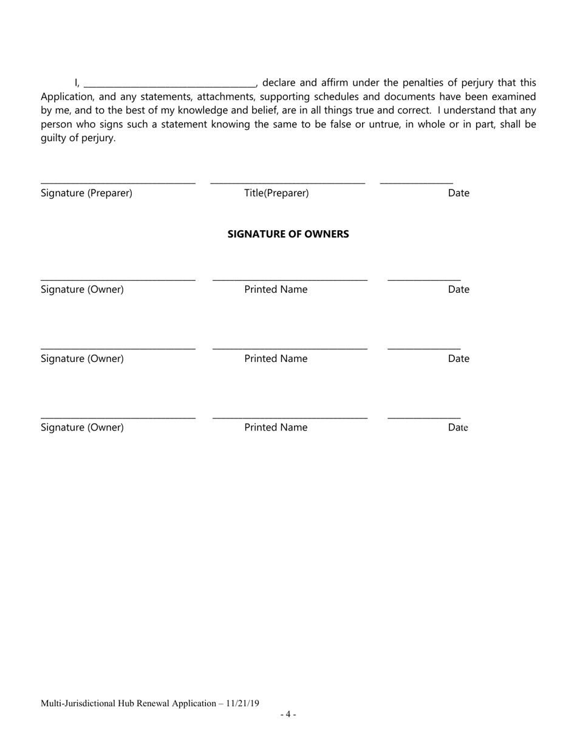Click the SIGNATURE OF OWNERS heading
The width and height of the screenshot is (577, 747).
(x=288, y=234)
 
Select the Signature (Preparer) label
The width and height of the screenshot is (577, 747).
(x=86, y=193)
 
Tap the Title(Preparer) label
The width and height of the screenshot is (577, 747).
(x=276, y=193)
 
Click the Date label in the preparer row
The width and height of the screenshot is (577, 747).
(x=459, y=193)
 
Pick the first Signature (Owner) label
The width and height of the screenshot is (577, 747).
(x=82, y=290)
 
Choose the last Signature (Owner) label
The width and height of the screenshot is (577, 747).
(x=82, y=428)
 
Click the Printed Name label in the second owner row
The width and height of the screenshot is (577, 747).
(x=276, y=359)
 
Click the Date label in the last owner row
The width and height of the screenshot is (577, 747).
(x=459, y=428)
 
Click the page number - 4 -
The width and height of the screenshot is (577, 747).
(x=288, y=714)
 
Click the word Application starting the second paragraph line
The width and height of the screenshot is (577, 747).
(x=65, y=97)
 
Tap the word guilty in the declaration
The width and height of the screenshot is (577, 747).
(x=53, y=138)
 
